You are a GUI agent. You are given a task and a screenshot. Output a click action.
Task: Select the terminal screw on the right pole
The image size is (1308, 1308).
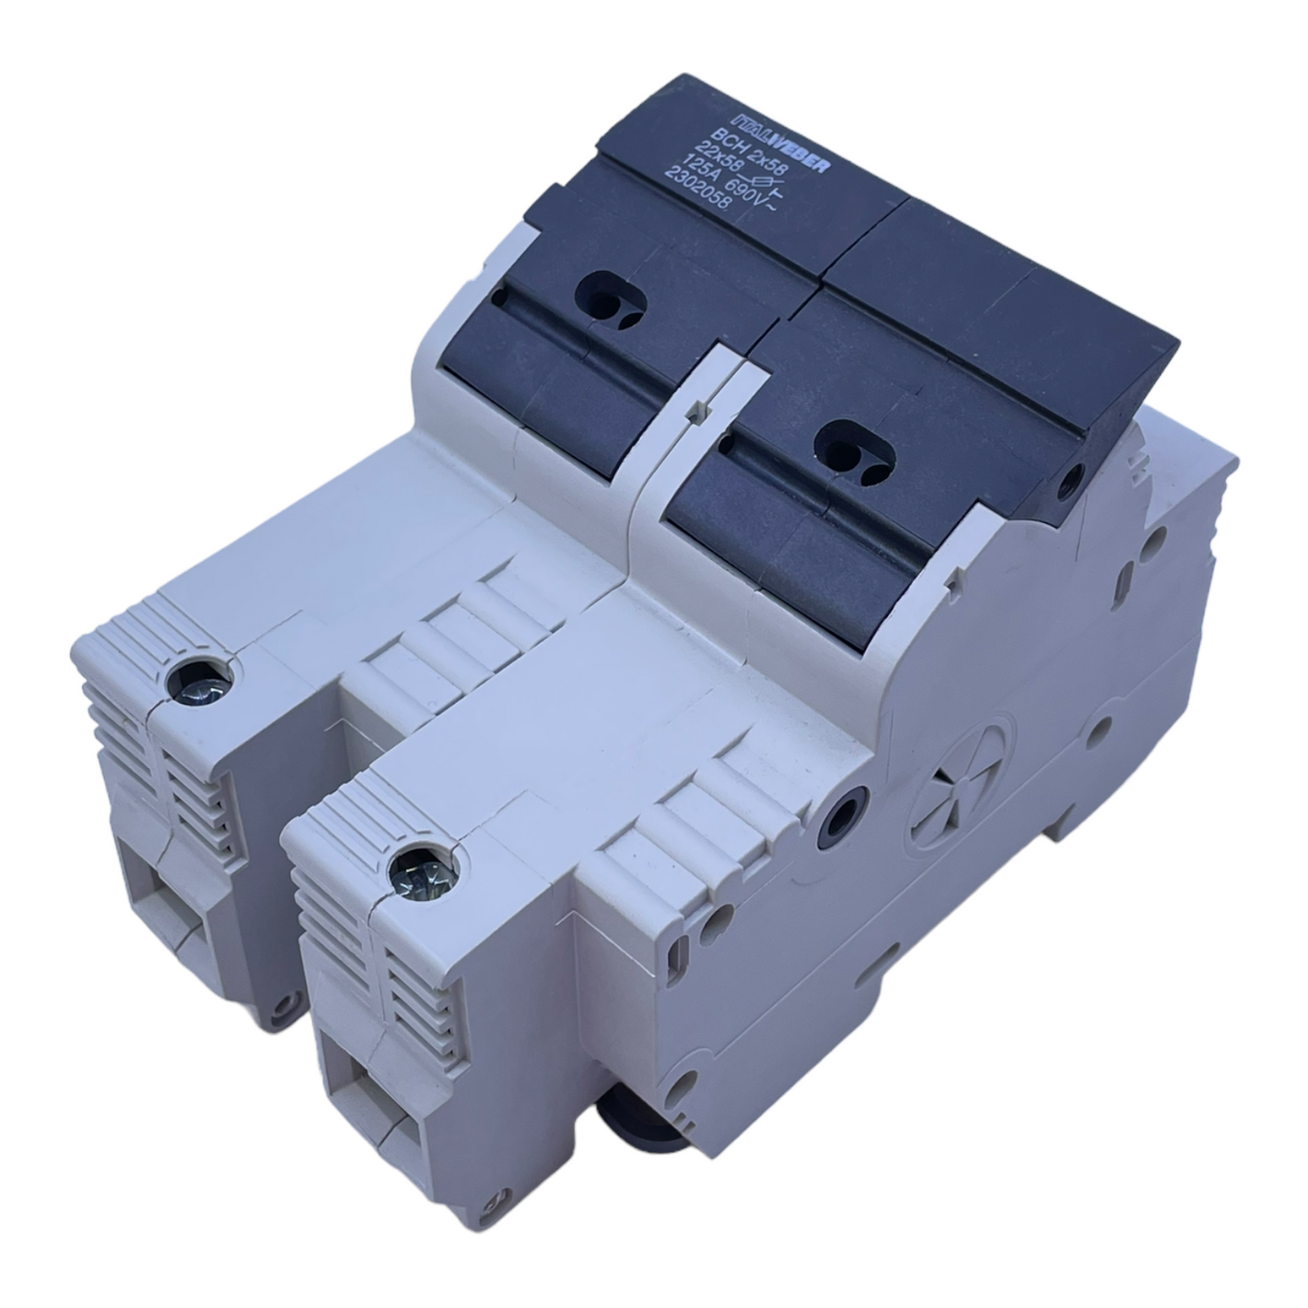point(421,876)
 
